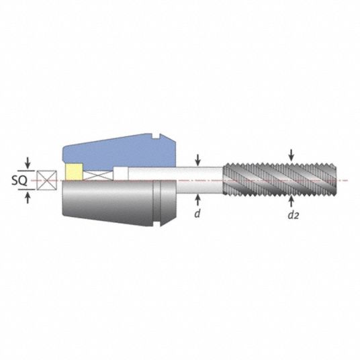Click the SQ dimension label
coord(19,181)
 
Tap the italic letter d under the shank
coord(197,214)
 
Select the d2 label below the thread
coord(294,215)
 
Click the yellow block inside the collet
coord(74,172)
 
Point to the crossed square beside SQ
coord(46,180)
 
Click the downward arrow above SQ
coord(28,163)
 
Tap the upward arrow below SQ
coord(28,198)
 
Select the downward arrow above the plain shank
coord(198,161)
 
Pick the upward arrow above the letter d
coord(198,199)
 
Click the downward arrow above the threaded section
coord(291,155)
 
